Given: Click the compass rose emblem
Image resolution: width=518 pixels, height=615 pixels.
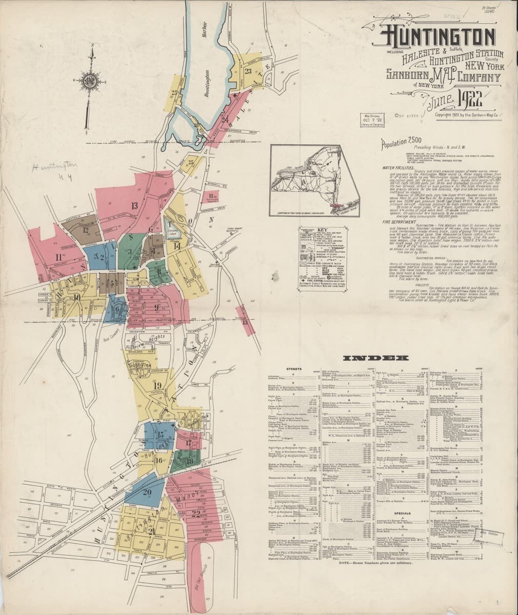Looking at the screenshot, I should (x=91, y=81).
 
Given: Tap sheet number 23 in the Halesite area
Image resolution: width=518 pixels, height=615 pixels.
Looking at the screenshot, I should (x=248, y=71).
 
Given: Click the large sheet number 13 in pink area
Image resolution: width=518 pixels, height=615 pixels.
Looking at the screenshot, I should (x=135, y=206).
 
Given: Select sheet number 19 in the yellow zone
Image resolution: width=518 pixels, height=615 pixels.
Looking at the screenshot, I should (x=157, y=386).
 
